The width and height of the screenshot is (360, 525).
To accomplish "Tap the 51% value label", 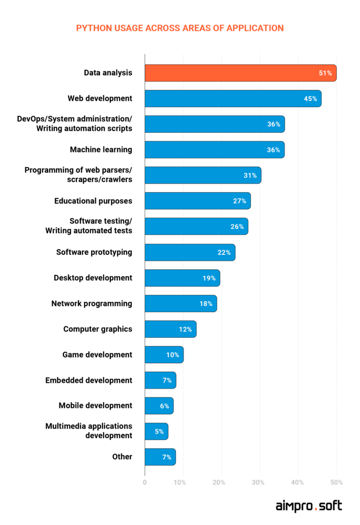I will pos(325,73).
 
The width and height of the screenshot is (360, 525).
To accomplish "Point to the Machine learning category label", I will pos(101,150).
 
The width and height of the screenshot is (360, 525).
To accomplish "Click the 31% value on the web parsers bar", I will pos(250,175).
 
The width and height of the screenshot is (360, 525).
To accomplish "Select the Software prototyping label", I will pos(94,252).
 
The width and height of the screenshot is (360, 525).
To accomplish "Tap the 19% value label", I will pos(209,278).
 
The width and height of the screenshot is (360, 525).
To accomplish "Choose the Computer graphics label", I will pos(98,329).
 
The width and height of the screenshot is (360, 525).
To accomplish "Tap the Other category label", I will pos(123,456).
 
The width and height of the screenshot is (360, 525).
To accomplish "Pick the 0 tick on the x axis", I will pos(145,482).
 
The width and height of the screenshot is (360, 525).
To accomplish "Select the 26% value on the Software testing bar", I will pos(238,227).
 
